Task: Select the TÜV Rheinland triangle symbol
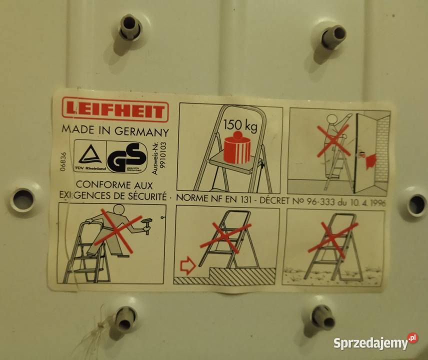pos(90,155)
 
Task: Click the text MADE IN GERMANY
pos(114,131)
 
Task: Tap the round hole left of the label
pos(23,199)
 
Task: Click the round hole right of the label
pos(416,204)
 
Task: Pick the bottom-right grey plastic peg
pos(322,317)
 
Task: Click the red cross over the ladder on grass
pos(333,237)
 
